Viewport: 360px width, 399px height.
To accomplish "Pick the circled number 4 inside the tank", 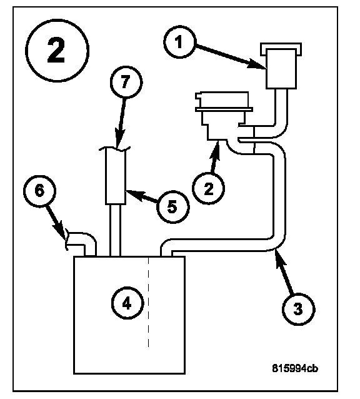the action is coord(127,303).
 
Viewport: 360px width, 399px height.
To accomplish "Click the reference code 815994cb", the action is coord(295,368).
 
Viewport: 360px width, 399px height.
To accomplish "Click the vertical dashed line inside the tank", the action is coord(149,302).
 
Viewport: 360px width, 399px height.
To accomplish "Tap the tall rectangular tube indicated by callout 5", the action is coord(116,176).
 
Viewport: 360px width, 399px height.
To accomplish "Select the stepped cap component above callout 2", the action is coord(224,116).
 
